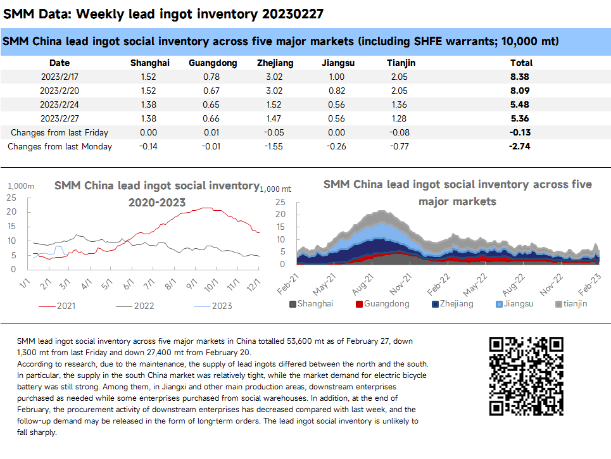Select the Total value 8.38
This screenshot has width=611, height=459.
521,76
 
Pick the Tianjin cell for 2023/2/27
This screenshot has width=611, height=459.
398,118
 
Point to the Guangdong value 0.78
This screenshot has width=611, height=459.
213,76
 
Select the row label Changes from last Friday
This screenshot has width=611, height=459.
60,132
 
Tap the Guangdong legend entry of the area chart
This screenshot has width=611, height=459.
382,304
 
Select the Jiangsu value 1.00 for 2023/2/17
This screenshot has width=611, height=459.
336,76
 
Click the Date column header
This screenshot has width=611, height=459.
60,63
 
